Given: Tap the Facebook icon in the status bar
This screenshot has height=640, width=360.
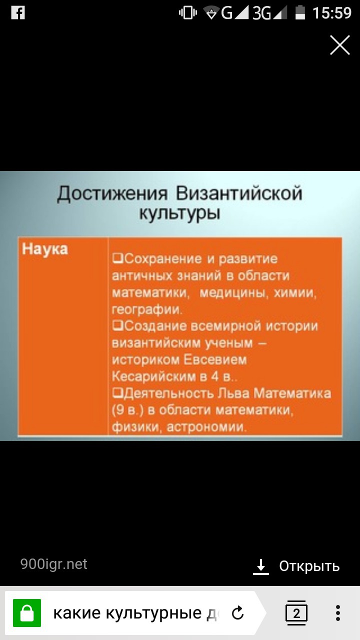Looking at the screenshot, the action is click(18, 13).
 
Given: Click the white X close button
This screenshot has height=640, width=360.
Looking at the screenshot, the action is click(339, 45).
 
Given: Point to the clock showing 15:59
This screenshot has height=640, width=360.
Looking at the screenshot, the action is click(331, 13).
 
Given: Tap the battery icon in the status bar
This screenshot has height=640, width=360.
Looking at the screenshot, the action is click(300, 13).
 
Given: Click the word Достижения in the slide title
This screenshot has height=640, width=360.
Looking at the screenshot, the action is click(112, 194).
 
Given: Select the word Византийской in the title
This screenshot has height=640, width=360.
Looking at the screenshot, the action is click(239, 193).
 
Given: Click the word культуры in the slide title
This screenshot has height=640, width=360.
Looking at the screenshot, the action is click(179, 213).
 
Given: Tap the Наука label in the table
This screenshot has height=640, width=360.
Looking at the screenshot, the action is click(45, 249).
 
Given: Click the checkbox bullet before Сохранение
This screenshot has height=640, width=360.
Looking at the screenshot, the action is click(117, 258).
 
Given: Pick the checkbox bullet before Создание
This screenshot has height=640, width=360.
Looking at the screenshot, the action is click(117, 325).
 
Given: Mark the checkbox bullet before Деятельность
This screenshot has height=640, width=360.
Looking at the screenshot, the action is click(117, 393).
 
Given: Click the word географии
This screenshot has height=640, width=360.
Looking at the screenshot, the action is click(147, 309).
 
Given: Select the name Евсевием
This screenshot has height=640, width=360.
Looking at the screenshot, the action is click(215, 359).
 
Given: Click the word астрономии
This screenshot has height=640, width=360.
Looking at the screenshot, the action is click(206, 427).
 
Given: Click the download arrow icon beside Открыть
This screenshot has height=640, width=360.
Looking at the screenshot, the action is click(261, 566).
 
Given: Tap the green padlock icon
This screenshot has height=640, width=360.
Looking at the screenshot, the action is click(27, 613).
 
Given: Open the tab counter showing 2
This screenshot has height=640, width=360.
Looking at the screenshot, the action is click(296, 612).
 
